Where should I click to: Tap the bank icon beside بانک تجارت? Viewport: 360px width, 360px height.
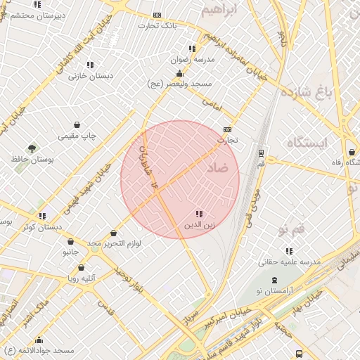click(157, 15)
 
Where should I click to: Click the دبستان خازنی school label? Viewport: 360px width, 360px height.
click(91, 76)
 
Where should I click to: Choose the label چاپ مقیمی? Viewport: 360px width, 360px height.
click(77, 135)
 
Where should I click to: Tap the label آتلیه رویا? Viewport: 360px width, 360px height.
click(82, 278)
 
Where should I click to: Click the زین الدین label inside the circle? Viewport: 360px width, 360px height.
click(200, 225)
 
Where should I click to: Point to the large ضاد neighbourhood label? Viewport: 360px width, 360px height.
click(219, 169)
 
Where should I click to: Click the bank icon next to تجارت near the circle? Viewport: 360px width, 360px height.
click(226, 129)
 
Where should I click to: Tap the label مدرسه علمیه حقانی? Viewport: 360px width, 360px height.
click(290, 261)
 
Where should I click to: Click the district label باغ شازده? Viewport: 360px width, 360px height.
click(304, 91)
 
